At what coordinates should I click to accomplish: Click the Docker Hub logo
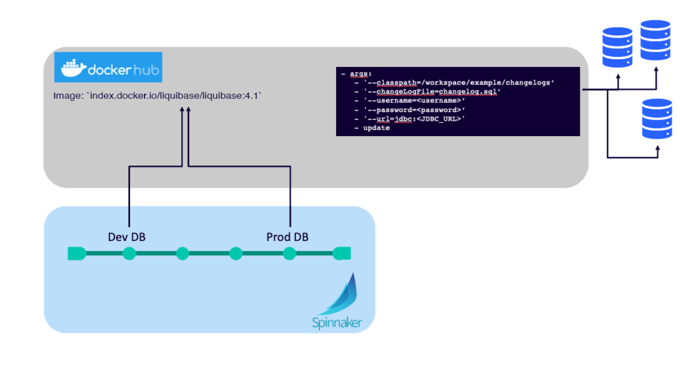tap(109, 69)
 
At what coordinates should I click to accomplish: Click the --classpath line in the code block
tap(458, 82)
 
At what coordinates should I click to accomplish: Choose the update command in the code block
tap(376, 127)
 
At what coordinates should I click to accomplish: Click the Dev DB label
tap(126, 237)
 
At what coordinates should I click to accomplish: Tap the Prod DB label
tap(287, 237)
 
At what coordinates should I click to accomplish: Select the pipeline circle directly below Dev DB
tap(129, 253)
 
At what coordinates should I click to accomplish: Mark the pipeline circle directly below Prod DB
tap(289, 253)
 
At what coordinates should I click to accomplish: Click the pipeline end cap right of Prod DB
tap(342, 253)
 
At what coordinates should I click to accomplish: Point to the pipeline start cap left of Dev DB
tap(76, 253)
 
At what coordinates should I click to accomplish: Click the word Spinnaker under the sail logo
tap(337, 323)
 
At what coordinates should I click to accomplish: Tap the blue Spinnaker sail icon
tap(340, 295)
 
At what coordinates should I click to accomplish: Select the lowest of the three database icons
tap(657, 119)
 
